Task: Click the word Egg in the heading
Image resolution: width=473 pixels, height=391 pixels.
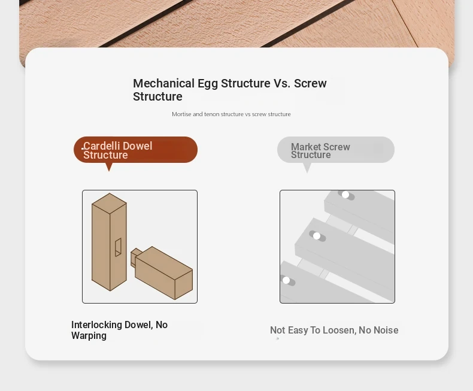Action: tap(208, 84)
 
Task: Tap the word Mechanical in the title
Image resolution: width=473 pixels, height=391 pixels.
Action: tap(164, 83)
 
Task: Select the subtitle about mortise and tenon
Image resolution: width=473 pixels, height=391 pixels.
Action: tap(231, 114)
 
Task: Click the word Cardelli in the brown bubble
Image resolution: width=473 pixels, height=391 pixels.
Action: tap(102, 146)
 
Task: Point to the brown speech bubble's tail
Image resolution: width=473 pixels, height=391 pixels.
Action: tap(109, 167)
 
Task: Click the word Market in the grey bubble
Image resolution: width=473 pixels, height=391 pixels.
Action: tap(305, 147)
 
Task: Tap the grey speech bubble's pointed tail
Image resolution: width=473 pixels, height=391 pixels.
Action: tap(307, 168)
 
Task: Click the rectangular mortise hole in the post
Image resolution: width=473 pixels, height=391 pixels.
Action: tap(118, 247)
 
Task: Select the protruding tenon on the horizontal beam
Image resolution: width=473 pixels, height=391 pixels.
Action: tap(135, 257)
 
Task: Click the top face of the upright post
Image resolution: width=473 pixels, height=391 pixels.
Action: tap(109, 203)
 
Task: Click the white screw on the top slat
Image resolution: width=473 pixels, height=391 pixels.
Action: tap(345, 195)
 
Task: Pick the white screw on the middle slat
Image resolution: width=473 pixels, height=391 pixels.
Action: tap(317, 236)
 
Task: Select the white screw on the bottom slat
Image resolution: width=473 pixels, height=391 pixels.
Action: tap(286, 281)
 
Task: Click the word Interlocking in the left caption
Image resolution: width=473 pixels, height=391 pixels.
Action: tap(96, 325)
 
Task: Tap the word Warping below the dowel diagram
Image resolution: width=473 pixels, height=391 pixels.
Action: tap(89, 336)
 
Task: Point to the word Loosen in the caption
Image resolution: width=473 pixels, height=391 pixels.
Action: tap(339, 330)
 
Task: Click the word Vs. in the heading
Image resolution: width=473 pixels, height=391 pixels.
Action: tap(282, 83)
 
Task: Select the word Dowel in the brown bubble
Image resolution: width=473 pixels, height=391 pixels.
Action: tap(138, 146)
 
